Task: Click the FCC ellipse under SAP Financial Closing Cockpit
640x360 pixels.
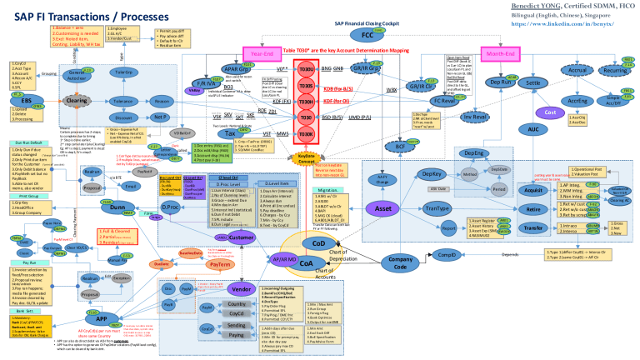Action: [367, 36]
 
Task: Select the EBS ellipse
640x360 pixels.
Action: [27, 101]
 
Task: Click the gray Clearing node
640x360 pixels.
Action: [77, 101]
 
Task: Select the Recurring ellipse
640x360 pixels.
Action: [615, 72]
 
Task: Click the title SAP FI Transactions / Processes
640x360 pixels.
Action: [92, 17]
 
